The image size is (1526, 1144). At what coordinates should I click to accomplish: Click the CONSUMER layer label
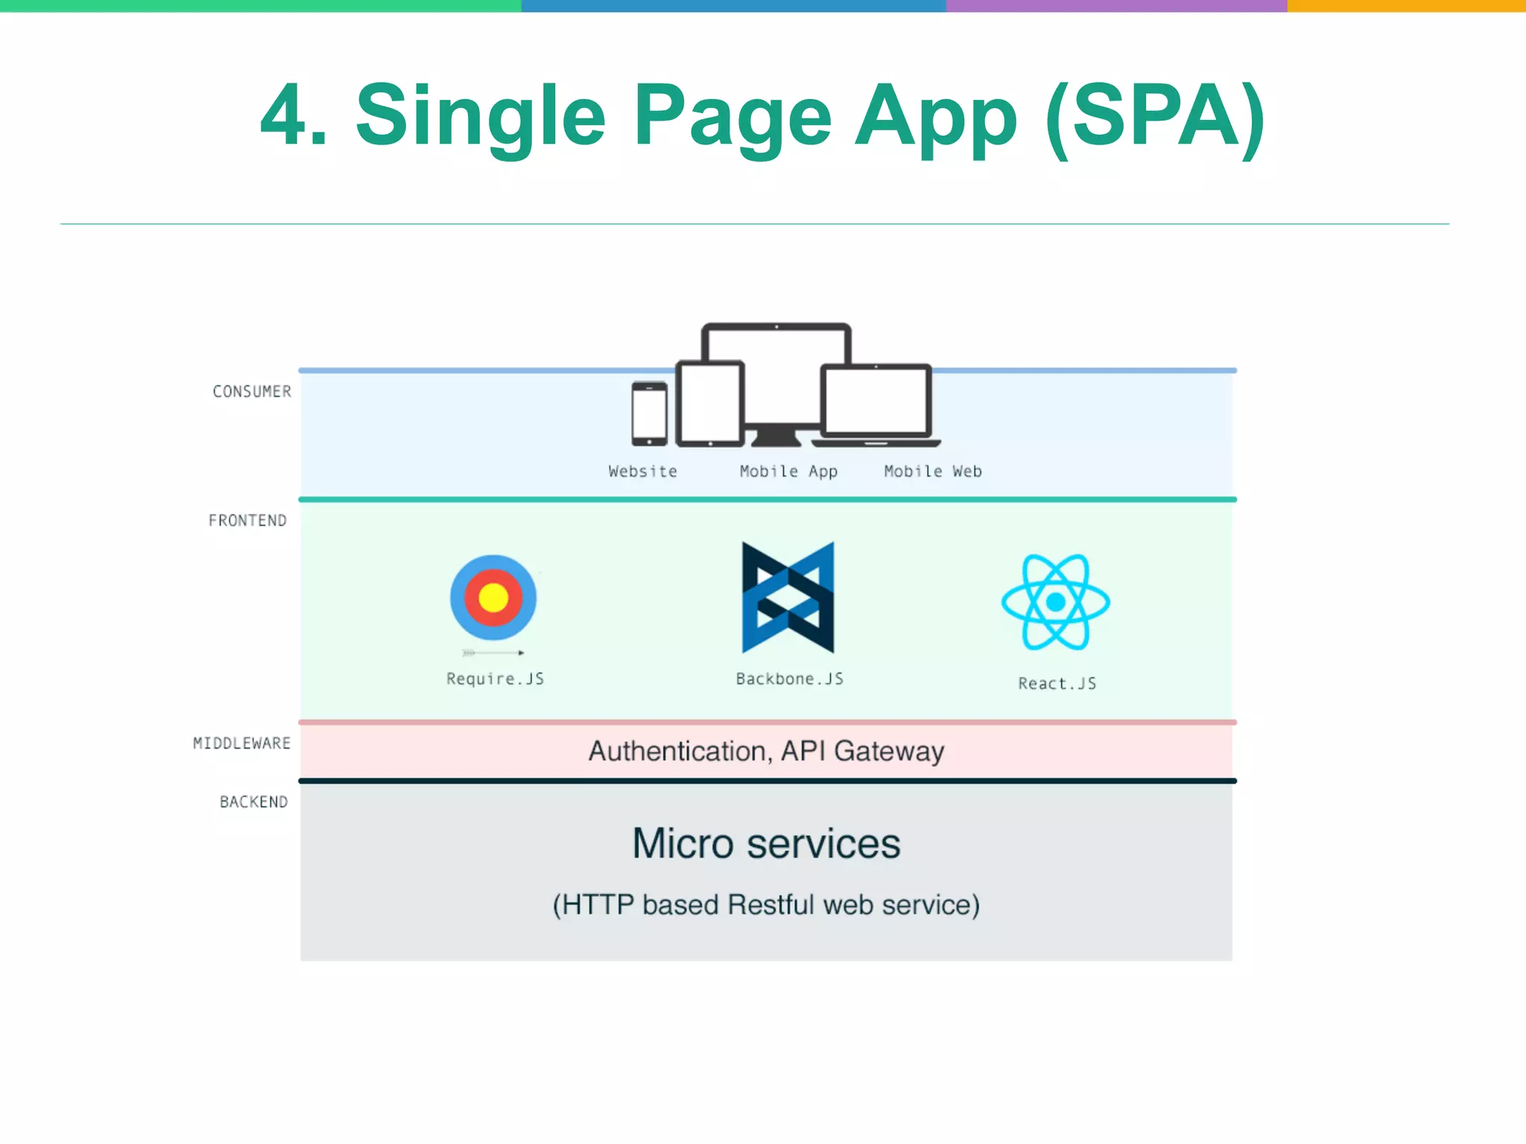(x=252, y=392)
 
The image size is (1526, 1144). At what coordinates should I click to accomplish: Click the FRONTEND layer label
(x=247, y=521)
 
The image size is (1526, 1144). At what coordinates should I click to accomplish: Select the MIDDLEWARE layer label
(x=241, y=743)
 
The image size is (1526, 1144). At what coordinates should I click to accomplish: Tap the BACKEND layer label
(x=253, y=802)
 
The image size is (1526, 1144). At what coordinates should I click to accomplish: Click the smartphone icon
(x=649, y=414)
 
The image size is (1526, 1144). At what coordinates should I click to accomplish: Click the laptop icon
(x=876, y=404)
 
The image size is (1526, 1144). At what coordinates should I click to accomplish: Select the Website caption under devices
(x=642, y=471)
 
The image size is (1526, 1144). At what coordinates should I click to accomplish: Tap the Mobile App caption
(x=788, y=471)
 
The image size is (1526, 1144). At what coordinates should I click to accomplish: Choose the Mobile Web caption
(x=933, y=471)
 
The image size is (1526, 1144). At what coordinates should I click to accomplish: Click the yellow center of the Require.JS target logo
(x=493, y=597)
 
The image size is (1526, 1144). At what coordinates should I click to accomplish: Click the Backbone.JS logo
(x=788, y=597)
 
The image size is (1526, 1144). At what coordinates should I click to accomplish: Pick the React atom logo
(x=1055, y=602)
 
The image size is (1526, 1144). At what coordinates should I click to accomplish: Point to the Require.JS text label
(x=495, y=679)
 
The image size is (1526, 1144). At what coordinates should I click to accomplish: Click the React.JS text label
(x=1057, y=684)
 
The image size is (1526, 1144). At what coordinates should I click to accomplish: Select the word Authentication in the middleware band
(x=677, y=751)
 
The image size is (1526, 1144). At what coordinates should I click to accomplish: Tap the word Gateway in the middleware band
(x=889, y=751)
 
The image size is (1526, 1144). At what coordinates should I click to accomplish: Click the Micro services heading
(x=766, y=844)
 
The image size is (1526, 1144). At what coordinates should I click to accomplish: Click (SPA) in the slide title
(x=1155, y=117)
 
